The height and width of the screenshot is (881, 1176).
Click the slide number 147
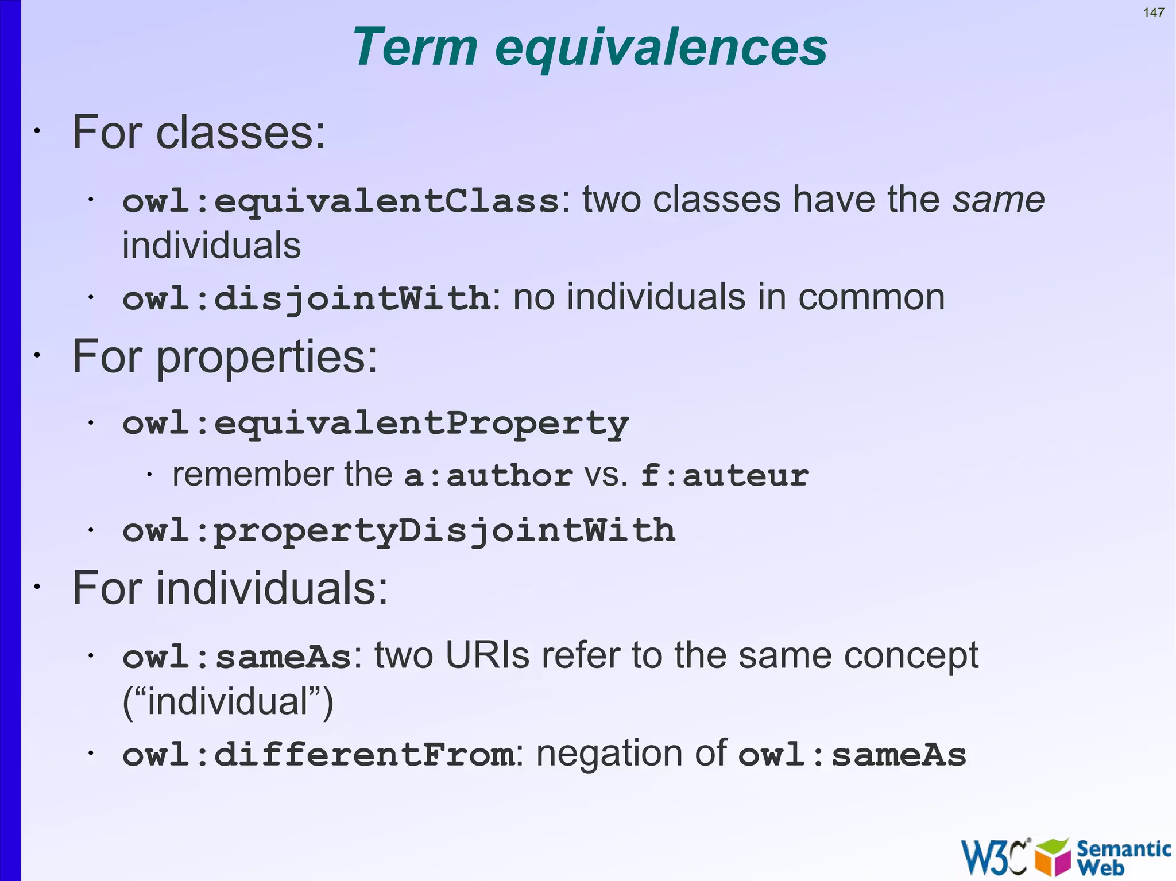[1153, 13]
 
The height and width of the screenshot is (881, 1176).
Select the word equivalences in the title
[660, 48]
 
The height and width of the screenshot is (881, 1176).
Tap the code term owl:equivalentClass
[341, 201]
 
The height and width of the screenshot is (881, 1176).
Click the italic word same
[999, 200]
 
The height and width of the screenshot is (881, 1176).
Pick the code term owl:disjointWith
[306, 298]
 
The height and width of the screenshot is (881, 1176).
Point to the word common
[871, 297]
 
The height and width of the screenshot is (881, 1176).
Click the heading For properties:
[225, 356]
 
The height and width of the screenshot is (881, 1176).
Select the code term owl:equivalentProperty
[376, 424]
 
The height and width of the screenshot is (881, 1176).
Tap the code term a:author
[488, 476]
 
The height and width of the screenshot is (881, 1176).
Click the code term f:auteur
[725, 476]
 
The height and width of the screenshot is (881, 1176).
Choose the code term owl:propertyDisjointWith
[399, 530]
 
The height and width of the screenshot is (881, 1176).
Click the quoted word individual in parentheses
[228, 701]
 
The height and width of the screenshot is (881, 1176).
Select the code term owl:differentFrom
[318, 754]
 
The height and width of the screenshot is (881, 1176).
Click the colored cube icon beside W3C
[1053, 856]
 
